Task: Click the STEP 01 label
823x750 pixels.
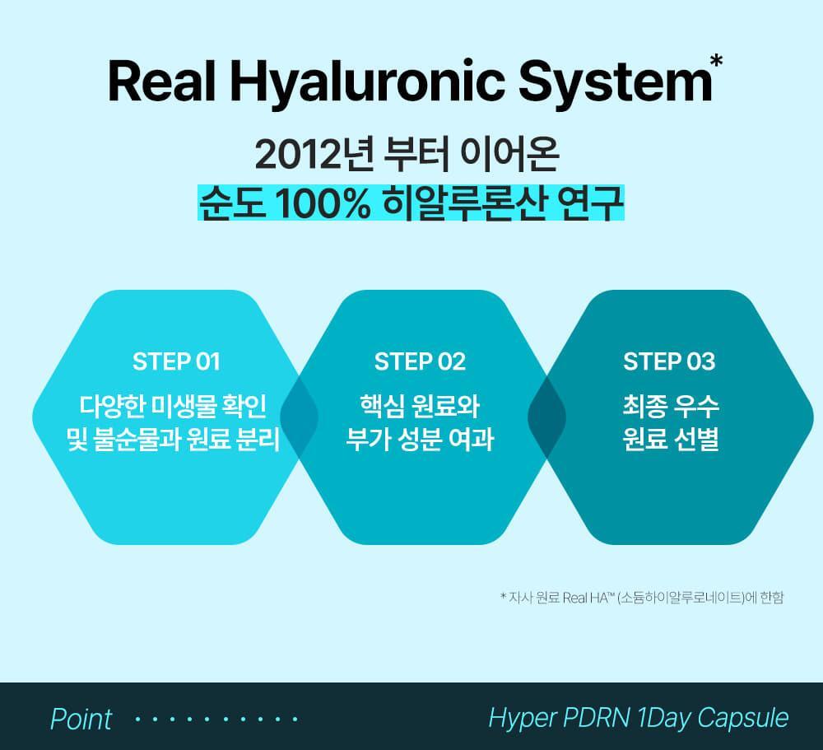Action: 176,361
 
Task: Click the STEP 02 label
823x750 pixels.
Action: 420,361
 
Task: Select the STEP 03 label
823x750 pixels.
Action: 669,361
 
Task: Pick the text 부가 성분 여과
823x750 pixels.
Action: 420,440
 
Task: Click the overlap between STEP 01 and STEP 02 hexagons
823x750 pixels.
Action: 299,417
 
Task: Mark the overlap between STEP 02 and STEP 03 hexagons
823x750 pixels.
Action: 546,417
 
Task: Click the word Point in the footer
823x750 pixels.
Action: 81,718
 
